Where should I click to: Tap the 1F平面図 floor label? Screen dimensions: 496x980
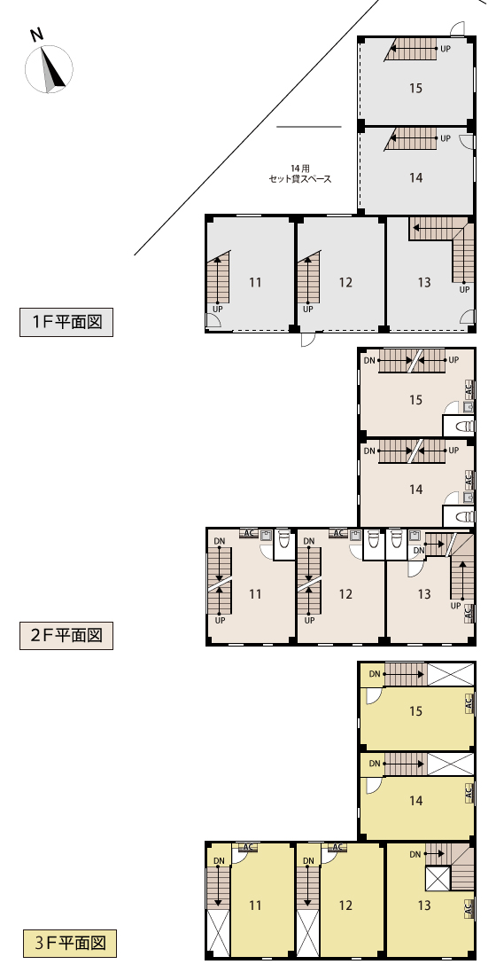(66, 323)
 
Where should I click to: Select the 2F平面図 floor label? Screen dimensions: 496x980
(66, 636)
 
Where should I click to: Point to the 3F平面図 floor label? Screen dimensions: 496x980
(70, 943)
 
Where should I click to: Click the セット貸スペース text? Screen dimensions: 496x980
(300, 179)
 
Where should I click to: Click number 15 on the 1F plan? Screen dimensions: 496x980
(416, 88)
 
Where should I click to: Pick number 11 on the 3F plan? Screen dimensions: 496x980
(255, 905)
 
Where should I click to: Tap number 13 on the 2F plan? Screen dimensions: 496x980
(424, 593)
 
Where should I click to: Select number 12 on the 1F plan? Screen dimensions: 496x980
(345, 283)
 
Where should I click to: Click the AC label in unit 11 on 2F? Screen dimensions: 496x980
(248, 533)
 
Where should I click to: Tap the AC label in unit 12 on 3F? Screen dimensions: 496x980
(337, 848)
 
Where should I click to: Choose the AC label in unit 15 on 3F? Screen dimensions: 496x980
(469, 704)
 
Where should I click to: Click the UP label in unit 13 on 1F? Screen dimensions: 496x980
(465, 289)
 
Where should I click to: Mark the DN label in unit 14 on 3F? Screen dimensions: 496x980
(375, 763)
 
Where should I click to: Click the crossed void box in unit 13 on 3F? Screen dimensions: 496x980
(438, 879)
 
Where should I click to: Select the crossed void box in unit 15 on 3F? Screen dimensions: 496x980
(451, 674)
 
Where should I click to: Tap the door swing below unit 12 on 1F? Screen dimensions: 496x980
(308, 340)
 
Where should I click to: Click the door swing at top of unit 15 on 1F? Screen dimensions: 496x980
(458, 28)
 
